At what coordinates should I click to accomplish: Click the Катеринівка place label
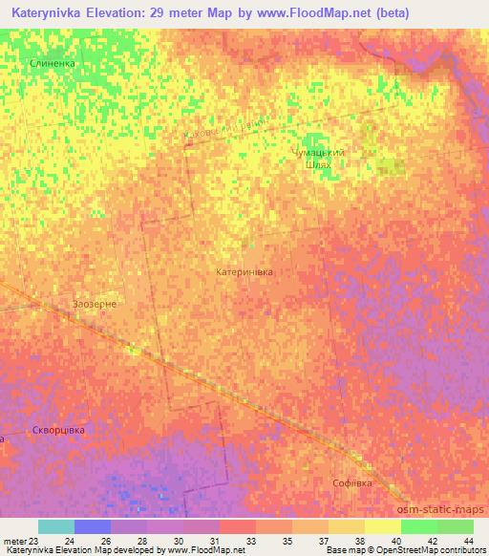point(244,272)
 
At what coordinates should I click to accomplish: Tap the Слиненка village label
point(52,63)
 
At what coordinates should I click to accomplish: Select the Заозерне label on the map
point(96,305)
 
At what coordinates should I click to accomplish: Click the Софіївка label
point(351,483)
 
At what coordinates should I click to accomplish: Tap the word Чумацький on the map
point(317,152)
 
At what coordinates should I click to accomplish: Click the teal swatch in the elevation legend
point(56,526)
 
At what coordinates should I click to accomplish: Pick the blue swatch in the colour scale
point(93,526)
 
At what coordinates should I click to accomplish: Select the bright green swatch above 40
point(418,526)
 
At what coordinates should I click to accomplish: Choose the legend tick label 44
point(467,540)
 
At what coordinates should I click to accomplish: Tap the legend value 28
point(140,540)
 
